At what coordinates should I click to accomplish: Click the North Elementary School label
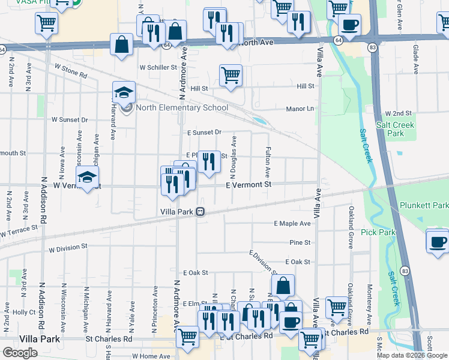[182, 108]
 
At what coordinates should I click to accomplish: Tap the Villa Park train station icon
[200, 212]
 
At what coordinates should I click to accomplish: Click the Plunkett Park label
[423, 205]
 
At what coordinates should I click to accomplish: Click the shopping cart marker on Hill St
[231, 76]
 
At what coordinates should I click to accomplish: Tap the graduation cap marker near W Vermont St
[88, 177]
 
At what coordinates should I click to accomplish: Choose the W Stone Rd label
[70, 71]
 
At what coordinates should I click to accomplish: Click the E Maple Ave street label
[292, 223]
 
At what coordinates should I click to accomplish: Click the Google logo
[20, 352]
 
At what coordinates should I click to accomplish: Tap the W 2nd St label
[399, 113]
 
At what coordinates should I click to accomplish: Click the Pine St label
[300, 242]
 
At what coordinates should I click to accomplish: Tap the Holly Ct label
[25, 312]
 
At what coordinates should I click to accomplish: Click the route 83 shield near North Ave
[373, 46]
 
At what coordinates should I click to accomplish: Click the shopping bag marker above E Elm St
[283, 286]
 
